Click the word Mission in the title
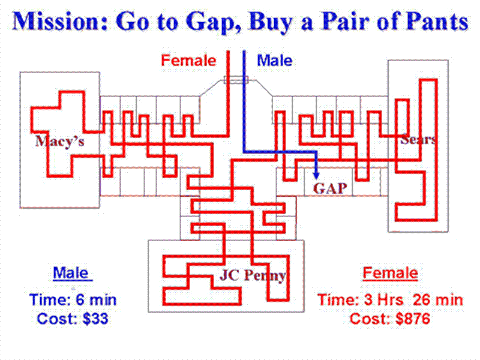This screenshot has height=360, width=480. (x=61, y=21)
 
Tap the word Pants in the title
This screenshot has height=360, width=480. (x=438, y=21)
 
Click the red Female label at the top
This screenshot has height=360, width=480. (x=188, y=61)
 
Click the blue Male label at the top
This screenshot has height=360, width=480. (x=274, y=61)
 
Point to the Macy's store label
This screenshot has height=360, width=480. (x=59, y=141)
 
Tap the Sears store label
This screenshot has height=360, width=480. (x=418, y=139)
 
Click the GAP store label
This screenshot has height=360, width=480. (x=330, y=188)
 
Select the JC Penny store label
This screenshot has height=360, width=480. (x=253, y=275)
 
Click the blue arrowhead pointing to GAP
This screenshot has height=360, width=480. (x=316, y=175)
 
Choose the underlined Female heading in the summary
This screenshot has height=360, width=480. (x=391, y=273)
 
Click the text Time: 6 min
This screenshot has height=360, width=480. (x=73, y=299)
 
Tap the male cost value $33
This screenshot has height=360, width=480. (x=95, y=319)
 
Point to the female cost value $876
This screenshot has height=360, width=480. (x=413, y=319)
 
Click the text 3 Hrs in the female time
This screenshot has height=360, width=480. (x=385, y=299)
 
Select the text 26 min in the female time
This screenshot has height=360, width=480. (x=438, y=299)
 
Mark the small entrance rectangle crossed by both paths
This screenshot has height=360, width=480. (x=236, y=80)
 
